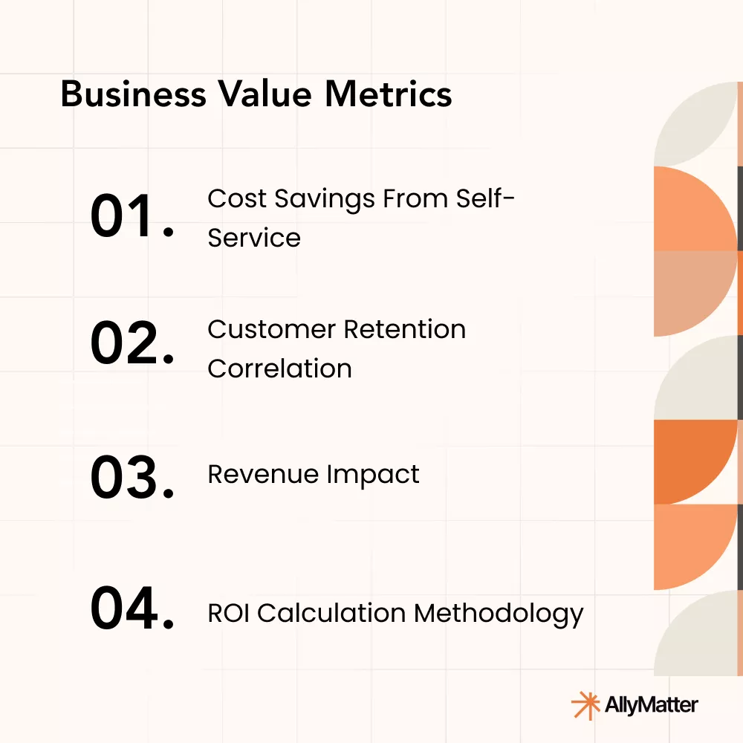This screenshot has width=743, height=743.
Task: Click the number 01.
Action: [132, 216]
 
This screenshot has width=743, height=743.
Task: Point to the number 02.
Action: [132, 344]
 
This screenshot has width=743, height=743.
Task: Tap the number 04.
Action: [132, 609]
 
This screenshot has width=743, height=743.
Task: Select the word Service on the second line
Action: [254, 238]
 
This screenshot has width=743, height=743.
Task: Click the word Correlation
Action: [279, 369]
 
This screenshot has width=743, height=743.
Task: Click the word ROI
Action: [228, 613]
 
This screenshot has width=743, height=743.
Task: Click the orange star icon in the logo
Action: [584, 704]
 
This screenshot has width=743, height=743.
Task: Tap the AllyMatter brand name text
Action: [652, 704]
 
